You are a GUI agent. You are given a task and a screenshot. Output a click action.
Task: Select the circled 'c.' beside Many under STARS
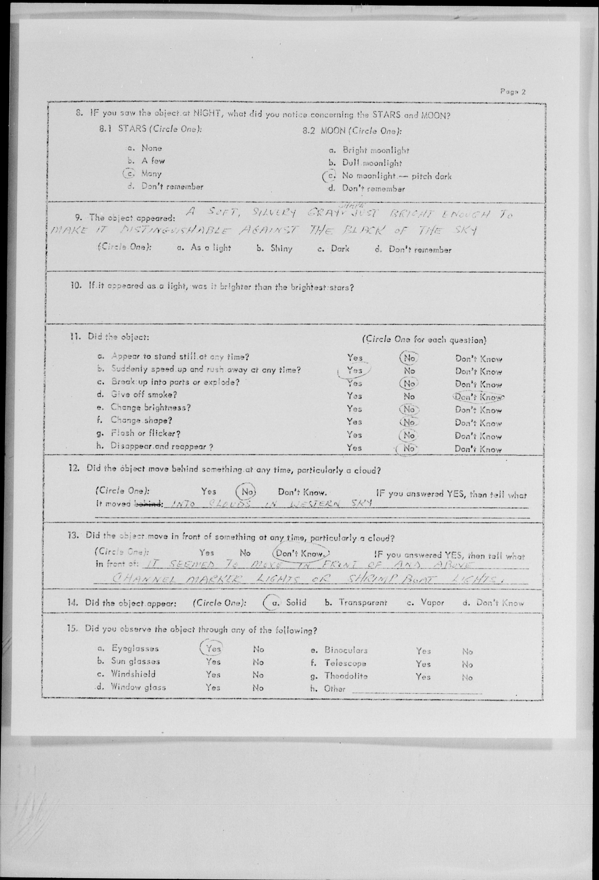(129, 173)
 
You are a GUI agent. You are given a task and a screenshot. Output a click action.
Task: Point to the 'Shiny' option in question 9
(281, 249)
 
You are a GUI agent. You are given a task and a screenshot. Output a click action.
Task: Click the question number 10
(76, 286)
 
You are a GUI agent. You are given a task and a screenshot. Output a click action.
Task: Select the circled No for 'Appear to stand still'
(409, 358)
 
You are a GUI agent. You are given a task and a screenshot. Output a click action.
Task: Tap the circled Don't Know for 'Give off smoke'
(478, 397)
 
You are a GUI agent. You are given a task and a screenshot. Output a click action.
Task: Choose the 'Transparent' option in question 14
(362, 603)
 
